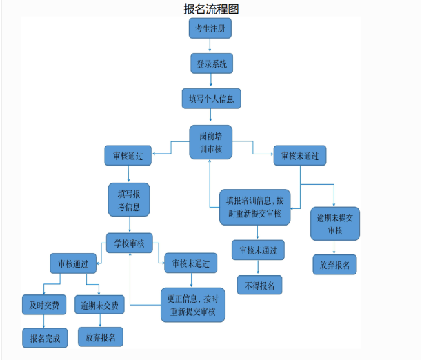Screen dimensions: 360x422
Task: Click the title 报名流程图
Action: (211, 9)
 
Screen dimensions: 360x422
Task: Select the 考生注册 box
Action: (210, 29)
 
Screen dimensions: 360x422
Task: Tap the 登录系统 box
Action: (211, 63)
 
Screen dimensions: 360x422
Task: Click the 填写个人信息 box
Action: (211, 99)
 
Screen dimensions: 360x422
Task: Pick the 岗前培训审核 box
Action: (210, 142)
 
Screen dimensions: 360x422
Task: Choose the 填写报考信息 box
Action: (129, 199)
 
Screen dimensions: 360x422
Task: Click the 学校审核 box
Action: (129, 243)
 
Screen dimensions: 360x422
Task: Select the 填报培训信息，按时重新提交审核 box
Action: (254, 207)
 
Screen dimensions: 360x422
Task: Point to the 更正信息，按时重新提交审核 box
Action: (192, 306)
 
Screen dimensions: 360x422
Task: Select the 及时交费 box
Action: (44, 304)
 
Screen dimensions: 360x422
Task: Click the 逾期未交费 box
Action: (100, 304)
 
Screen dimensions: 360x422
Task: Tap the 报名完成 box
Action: (45, 337)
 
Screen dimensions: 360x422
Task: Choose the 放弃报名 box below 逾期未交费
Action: (100, 337)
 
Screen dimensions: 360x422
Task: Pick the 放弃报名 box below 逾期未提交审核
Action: (334, 265)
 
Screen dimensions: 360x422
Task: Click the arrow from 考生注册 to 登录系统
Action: (210, 46)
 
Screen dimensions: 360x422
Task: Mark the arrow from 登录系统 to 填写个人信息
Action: (210, 81)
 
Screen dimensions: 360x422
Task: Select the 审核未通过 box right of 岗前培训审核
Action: (299, 155)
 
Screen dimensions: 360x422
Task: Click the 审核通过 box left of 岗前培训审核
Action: (128, 155)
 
